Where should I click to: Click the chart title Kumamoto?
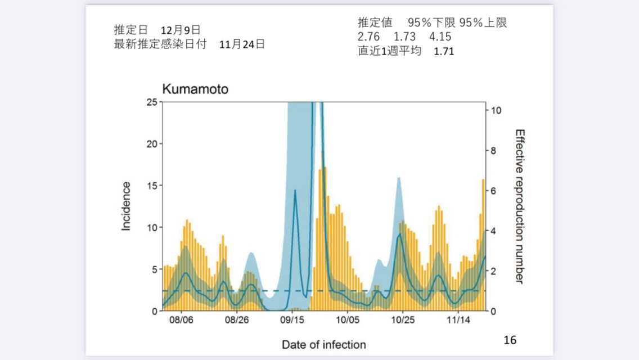[195, 89]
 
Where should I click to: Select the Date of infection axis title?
[323, 344]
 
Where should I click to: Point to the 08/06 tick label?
[182, 320]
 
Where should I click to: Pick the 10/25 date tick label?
[403, 320]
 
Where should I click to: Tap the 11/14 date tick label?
[458, 320]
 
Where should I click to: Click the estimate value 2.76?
[368, 37]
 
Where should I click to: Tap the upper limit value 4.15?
[440, 37]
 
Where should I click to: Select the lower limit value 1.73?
[404, 37]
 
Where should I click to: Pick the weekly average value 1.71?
[444, 51]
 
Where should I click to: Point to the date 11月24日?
[242, 44]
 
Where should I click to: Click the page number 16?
[510, 340]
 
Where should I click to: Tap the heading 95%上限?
[483, 23]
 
